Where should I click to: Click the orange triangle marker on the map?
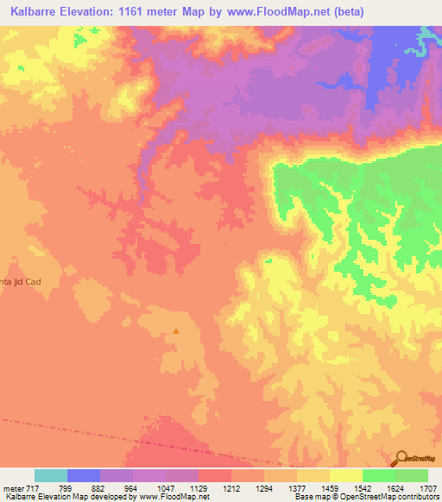pyautogui.click(x=176, y=329)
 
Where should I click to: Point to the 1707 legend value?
pyautogui.click(x=428, y=487)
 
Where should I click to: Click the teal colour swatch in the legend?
pyautogui.click(x=51, y=475)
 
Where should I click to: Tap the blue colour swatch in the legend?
pyautogui.click(x=84, y=475)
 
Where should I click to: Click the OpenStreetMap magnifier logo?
pyautogui.click(x=401, y=458)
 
